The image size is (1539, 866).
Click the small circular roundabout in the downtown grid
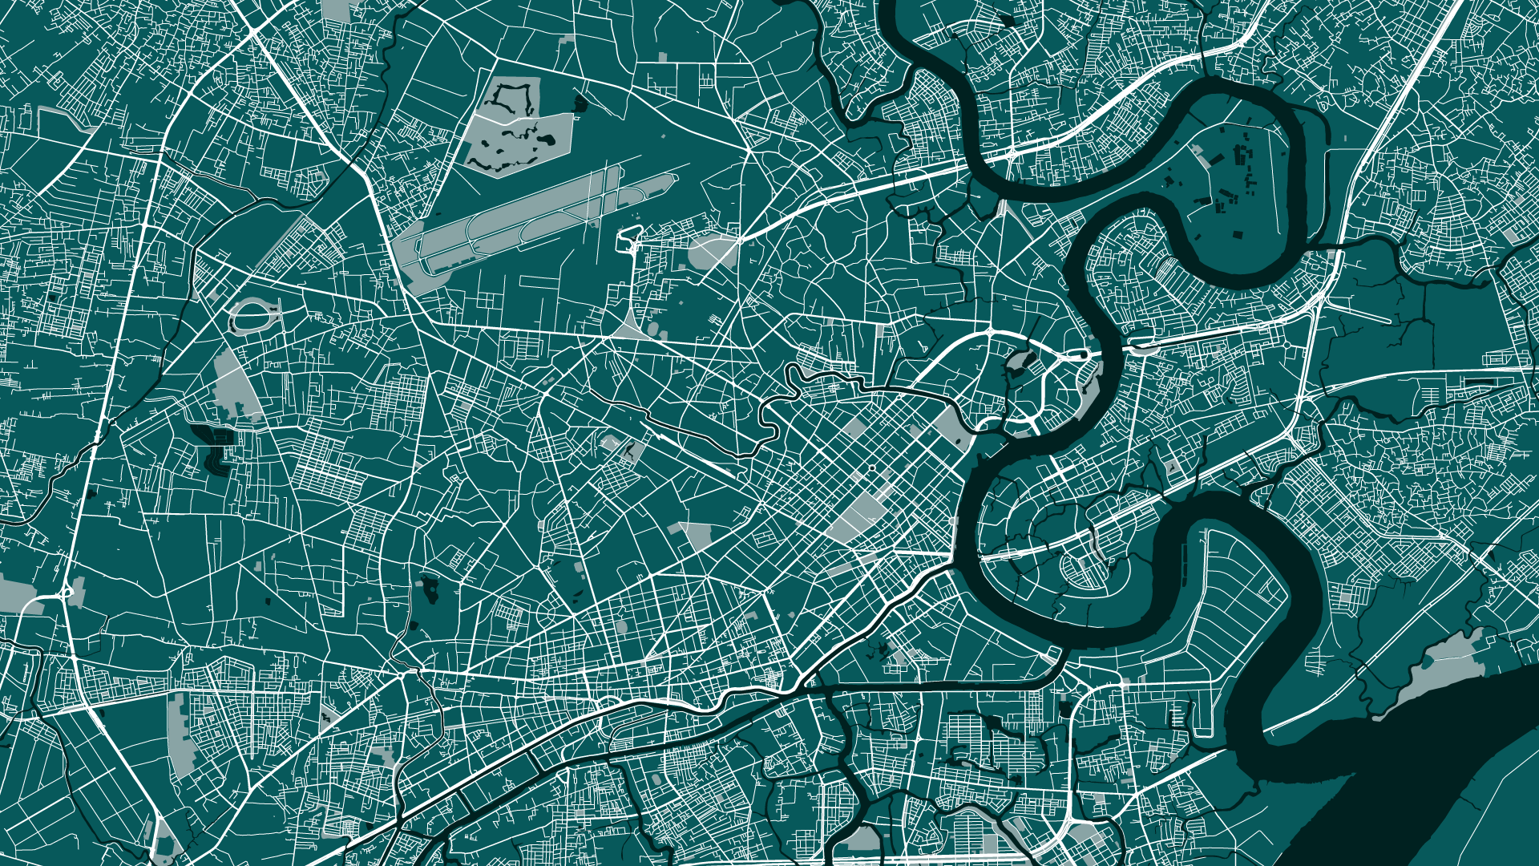point(871,467)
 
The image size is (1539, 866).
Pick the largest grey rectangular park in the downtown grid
point(858,513)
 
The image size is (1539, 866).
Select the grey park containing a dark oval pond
point(621,449)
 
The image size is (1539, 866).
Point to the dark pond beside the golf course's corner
point(580,103)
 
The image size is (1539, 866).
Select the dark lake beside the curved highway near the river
point(1016,361)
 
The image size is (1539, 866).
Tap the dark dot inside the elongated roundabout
point(1085,354)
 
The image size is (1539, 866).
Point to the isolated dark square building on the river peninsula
point(1238,235)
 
